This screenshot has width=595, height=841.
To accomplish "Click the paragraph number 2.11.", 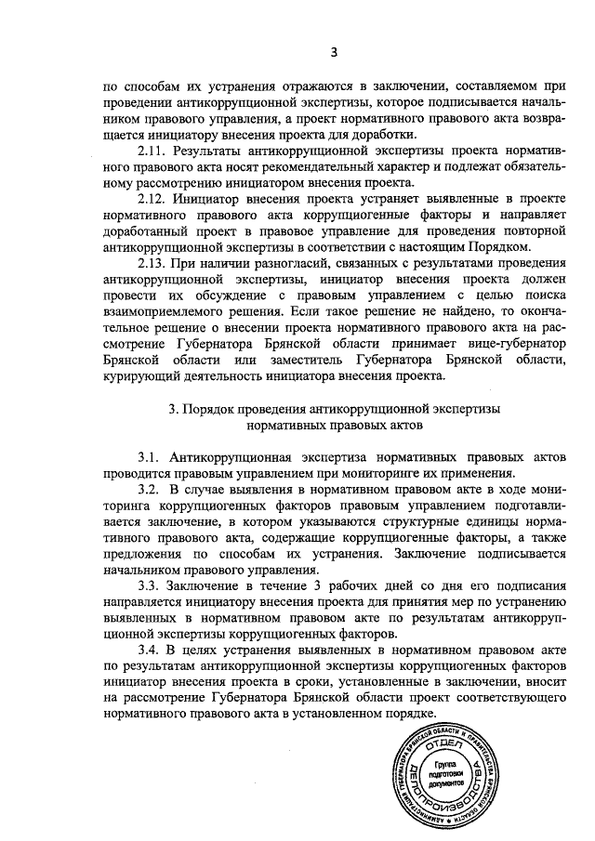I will [152, 150].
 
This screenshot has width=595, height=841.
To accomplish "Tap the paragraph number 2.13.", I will [152, 263].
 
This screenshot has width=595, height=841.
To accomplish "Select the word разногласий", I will [297, 263].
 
